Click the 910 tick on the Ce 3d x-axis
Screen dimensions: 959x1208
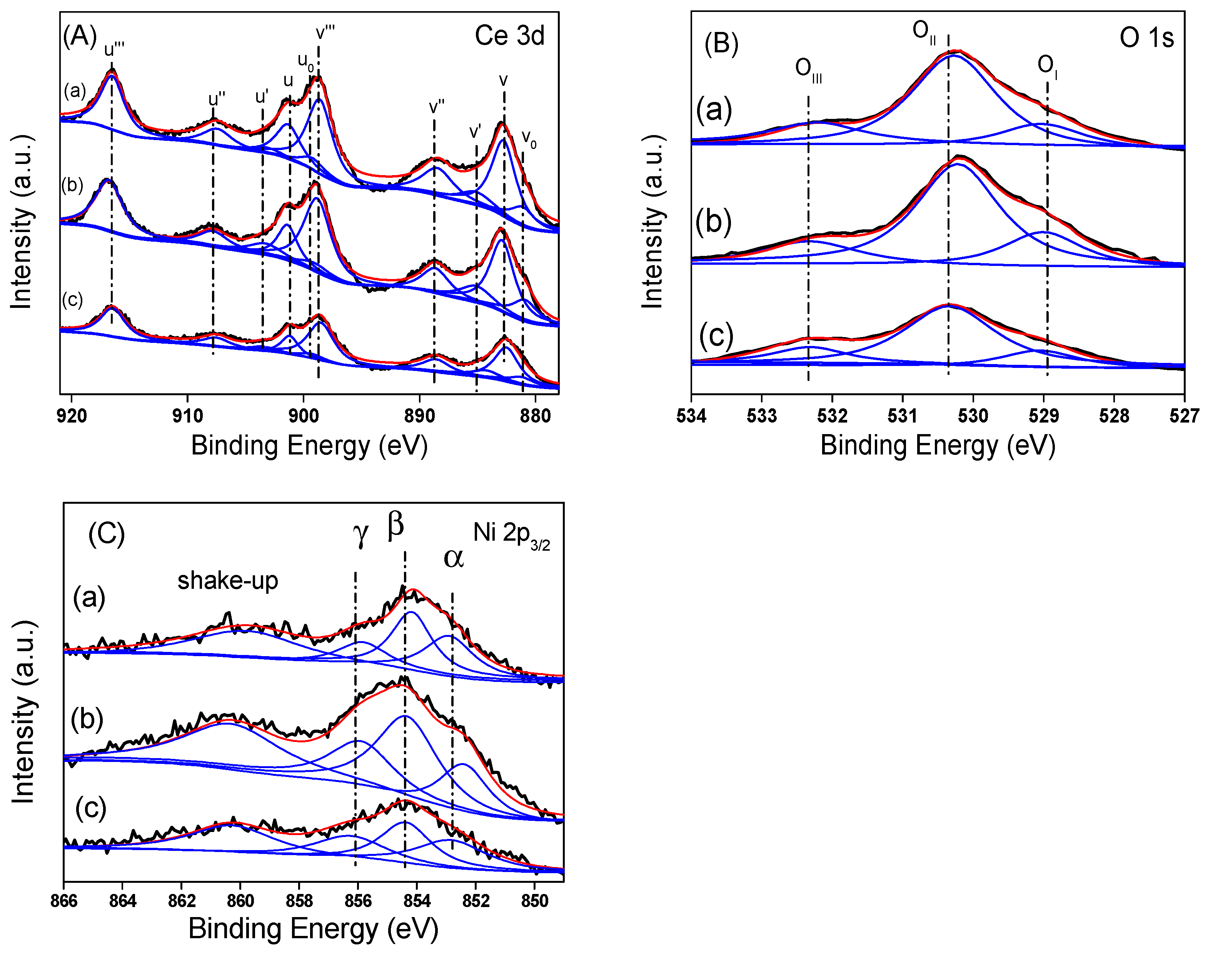pos(188,416)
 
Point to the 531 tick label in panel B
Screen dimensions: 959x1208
pos(902,416)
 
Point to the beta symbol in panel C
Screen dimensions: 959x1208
pos(395,525)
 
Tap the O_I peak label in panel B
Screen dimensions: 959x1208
pos(1047,66)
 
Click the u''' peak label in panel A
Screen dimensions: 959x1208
pos(114,50)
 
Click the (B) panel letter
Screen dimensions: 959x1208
pos(721,44)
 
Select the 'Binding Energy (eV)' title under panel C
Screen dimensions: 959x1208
pos(313,929)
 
